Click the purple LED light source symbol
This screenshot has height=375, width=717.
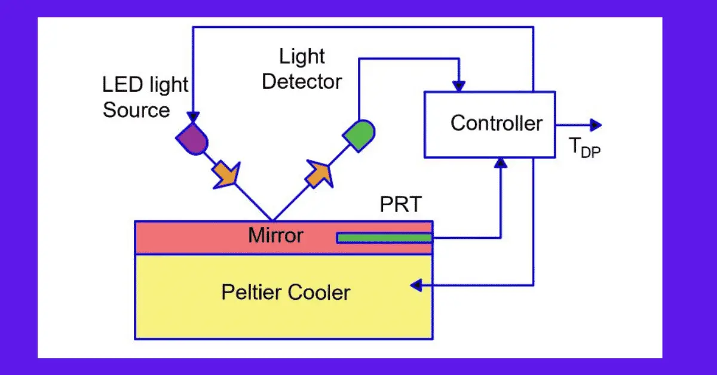(x=193, y=140)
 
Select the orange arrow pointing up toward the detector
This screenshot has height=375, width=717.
(x=318, y=173)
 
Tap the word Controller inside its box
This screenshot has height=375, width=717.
(x=496, y=124)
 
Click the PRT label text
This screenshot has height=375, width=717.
(x=400, y=205)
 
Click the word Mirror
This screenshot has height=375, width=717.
(x=275, y=236)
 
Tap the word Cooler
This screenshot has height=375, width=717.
(x=320, y=293)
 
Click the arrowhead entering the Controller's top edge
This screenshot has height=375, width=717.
(x=459, y=87)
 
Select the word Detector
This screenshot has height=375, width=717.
(x=302, y=82)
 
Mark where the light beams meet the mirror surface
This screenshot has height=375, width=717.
(x=272, y=220)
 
